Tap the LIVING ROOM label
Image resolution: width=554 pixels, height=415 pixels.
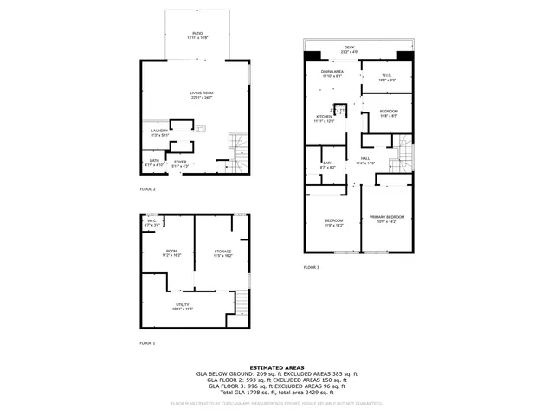[202, 94]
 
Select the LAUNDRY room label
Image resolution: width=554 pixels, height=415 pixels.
[158, 131]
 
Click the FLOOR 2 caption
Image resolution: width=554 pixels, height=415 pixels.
[147, 188]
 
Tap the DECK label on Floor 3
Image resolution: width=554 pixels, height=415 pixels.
[349, 48]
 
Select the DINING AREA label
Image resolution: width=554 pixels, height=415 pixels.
[332, 73]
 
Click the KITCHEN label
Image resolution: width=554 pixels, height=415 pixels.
[323, 117]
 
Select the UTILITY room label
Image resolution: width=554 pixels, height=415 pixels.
[182, 306]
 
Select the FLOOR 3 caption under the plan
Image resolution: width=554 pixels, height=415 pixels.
[311, 268]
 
